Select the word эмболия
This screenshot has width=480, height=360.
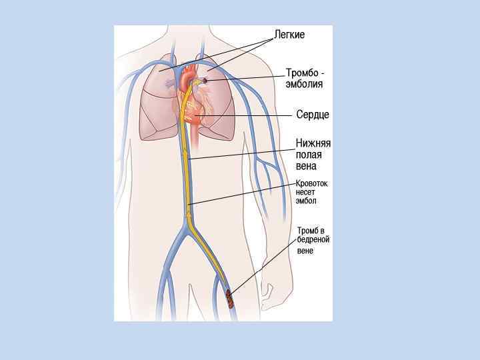[x=305, y=84]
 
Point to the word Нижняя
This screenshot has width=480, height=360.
[x=313, y=143]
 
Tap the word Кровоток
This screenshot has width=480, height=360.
[x=312, y=183]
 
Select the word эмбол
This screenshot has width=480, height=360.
[x=307, y=201]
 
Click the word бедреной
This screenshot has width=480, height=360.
[x=313, y=240]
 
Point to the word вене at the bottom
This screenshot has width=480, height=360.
[x=305, y=251]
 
